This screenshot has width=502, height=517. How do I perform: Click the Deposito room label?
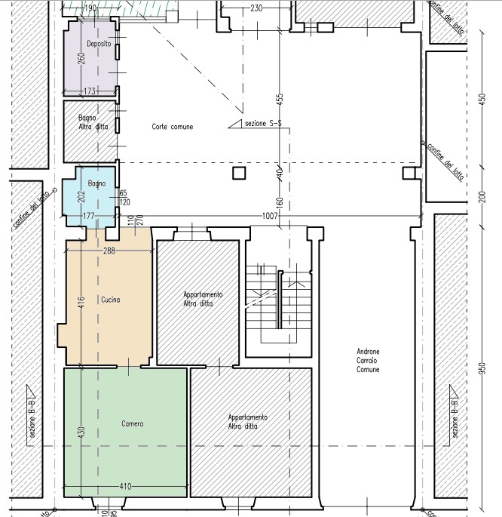99,44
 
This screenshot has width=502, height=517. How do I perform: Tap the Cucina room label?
111,300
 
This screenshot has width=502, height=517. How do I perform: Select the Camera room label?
133,423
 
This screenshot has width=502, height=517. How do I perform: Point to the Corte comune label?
173,127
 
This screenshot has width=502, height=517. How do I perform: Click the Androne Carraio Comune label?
368,360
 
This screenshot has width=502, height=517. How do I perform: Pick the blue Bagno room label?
96,183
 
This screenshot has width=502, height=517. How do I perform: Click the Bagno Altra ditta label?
93,122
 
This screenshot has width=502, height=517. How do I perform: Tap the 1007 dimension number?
270,216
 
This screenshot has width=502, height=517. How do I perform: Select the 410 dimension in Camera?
125,486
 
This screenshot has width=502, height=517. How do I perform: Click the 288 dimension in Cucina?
109,251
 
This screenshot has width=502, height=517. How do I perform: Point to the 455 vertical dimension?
280,100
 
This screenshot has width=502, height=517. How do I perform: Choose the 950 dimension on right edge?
482,368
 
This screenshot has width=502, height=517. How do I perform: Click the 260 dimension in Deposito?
81,59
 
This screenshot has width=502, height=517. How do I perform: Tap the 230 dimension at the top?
256,8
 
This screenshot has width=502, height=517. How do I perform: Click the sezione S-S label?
263,123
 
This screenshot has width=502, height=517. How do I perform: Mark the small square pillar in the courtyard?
239,173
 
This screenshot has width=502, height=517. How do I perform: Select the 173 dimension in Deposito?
90,91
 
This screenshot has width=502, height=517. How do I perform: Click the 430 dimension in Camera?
81,432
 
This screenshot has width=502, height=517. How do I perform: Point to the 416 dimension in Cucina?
81,303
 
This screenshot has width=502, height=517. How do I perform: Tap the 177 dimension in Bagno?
88,216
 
